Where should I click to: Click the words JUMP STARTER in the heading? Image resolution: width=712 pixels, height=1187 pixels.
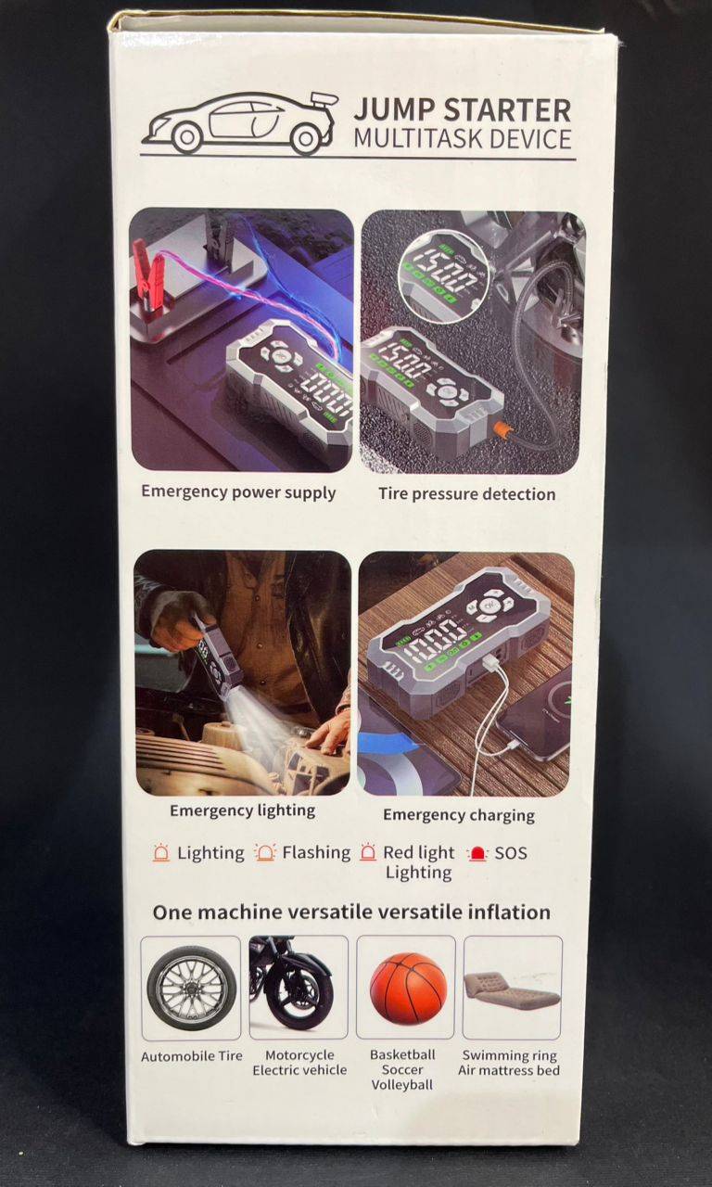[463, 109]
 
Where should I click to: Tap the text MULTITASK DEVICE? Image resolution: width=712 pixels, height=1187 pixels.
[463, 139]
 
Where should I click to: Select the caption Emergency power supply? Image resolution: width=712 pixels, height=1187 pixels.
[238, 492]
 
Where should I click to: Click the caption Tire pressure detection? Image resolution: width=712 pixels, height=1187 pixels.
[466, 494]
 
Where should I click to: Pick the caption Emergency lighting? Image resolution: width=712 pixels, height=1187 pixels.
[243, 810]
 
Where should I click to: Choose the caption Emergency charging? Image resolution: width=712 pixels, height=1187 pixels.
[459, 815]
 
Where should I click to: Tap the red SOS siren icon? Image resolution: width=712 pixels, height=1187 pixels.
[477, 854]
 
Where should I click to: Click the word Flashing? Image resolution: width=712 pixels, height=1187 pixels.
[316, 852]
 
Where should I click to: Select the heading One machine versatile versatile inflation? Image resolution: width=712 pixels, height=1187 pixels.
[351, 913]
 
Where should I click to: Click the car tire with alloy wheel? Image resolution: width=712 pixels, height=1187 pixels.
[191, 989]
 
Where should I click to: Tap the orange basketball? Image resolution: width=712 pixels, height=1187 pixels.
[408, 988]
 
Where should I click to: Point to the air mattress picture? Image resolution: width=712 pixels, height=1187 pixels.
[510, 991]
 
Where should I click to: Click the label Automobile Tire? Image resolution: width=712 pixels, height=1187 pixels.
[192, 1056]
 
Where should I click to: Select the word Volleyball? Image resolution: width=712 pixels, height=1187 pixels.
[402, 1085]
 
